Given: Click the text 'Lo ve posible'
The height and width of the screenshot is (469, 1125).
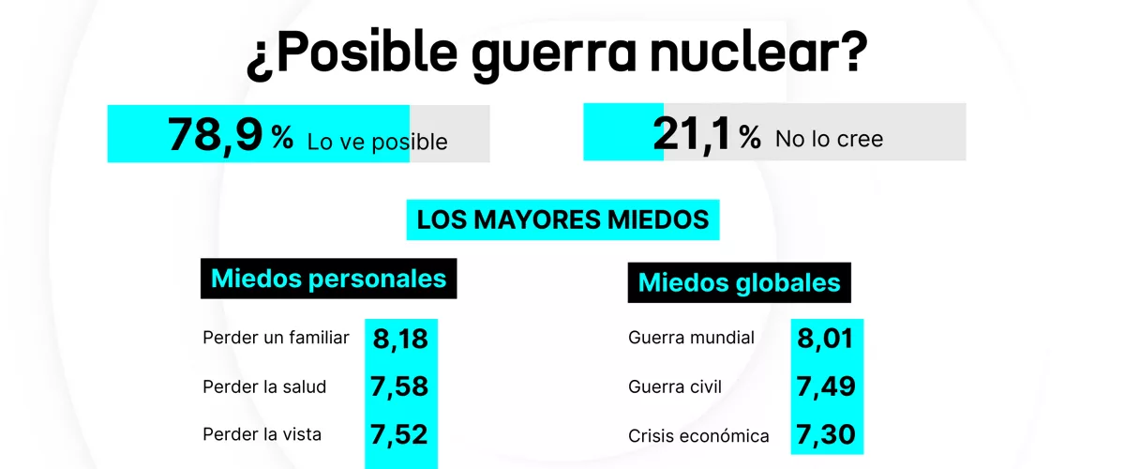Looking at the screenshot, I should (377, 143).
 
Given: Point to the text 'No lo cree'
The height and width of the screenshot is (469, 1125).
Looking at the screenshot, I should (829, 139).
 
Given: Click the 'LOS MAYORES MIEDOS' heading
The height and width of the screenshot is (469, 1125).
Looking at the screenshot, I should (562, 219).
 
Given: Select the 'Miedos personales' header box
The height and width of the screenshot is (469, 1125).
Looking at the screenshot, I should (328, 279).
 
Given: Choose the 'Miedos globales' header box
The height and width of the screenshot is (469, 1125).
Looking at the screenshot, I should (739, 282).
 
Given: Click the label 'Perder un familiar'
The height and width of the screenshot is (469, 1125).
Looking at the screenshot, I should (276, 338).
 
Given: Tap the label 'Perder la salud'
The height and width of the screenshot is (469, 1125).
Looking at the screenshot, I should (263, 386).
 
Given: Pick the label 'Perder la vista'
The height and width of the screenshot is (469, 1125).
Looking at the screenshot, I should (262, 434).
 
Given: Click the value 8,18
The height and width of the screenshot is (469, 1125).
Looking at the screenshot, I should (400, 339).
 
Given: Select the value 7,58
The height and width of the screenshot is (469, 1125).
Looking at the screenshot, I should (400, 386).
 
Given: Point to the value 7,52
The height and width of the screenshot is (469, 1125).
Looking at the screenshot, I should (400, 434).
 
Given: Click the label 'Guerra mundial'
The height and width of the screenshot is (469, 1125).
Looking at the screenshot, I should (691, 338).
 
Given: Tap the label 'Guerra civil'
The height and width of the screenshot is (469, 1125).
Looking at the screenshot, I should (675, 386).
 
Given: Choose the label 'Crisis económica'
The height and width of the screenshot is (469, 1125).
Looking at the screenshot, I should (698, 435).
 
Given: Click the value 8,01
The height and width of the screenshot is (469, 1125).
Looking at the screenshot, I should (825, 338).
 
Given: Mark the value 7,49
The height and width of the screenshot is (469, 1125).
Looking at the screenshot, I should (825, 386).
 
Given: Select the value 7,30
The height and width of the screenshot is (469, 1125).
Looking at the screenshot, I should (825, 435).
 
